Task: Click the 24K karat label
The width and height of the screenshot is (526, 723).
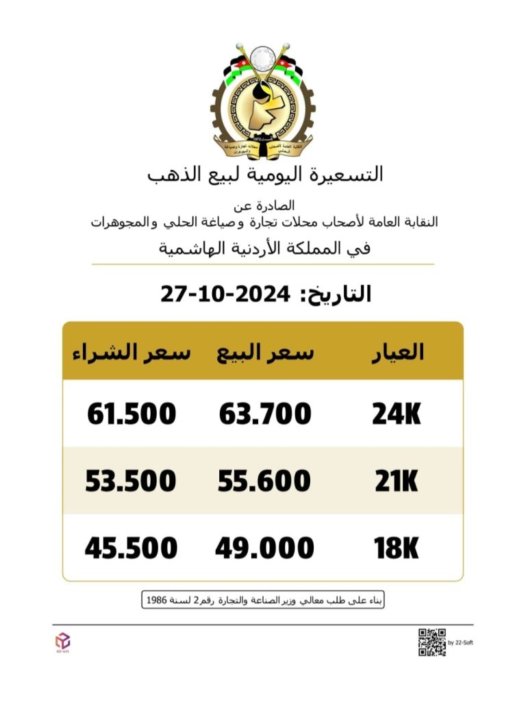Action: point(397,414)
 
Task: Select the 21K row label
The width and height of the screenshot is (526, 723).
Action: point(397,482)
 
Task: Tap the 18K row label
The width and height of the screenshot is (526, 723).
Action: point(397,548)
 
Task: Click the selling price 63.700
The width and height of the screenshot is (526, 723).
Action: point(265,414)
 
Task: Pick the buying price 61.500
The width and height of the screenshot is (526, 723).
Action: point(131,414)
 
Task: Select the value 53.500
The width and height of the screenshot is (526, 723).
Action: point(131,482)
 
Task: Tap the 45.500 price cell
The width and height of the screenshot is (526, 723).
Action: point(131,548)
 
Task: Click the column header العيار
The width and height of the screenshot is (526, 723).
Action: point(397,352)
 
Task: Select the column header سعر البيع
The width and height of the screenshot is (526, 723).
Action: point(265,352)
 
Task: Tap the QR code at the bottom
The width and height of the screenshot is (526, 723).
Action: point(431,642)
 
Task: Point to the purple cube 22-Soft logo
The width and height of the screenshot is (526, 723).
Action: point(62,641)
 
